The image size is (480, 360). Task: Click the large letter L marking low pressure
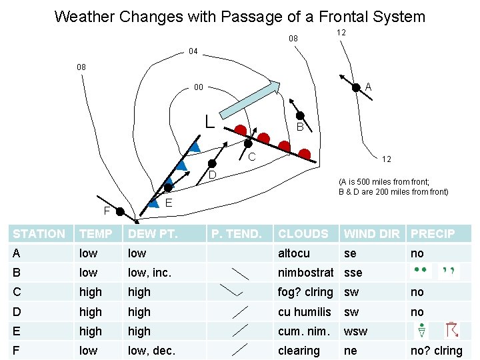(x=209, y=121)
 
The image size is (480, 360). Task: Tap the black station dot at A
(x=358, y=86)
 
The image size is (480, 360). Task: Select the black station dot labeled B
(x=300, y=115)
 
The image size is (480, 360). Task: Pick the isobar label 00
(x=199, y=87)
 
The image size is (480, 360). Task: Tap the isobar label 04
(x=193, y=51)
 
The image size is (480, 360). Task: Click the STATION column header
(x=39, y=234)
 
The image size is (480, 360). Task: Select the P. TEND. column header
(x=236, y=234)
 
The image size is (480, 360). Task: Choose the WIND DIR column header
(x=372, y=234)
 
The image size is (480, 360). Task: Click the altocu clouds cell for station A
(x=294, y=253)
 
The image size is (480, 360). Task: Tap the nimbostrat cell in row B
(x=305, y=273)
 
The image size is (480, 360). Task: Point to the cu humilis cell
(x=305, y=312)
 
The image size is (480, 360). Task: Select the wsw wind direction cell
(x=355, y=331)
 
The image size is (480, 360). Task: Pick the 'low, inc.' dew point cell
(x=150, y=273)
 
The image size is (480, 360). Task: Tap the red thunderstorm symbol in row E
(x=451, y=330)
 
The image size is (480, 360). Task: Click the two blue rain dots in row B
(x=420, y=271)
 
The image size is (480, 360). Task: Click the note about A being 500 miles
(x=393, y=187)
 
